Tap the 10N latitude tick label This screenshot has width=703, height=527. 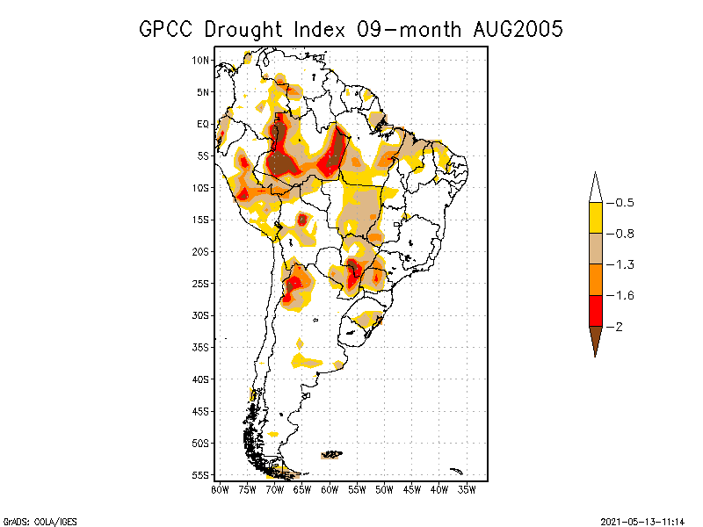click(200, 60)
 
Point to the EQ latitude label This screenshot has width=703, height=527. click(202, 124)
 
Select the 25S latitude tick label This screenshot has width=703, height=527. click(200, 283)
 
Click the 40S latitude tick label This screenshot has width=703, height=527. click(200, 379)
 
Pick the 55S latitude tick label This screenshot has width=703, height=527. click(200, 474)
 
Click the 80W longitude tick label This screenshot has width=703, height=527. click(220, 489)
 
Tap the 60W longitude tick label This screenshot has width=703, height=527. click(330, 489)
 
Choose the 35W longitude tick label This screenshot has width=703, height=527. click(467, 489)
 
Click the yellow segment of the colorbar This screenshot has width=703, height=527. click(595, 218)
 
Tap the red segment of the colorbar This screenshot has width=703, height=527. click(595, 310)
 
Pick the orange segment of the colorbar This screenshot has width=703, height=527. click(595, 279)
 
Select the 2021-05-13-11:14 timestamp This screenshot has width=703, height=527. click(642, 520)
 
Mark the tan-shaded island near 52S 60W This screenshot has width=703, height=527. click(331, 454)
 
